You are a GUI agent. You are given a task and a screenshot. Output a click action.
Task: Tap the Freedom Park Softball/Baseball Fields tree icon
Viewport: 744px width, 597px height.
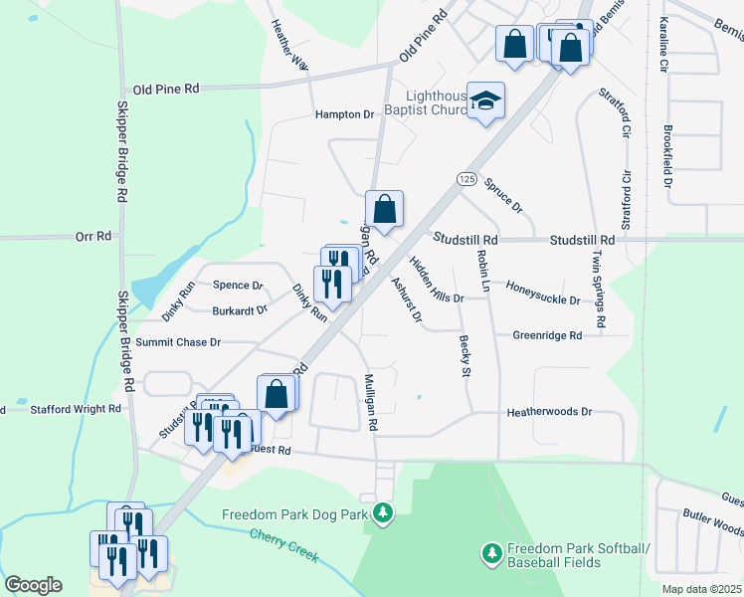(x=489, y=551)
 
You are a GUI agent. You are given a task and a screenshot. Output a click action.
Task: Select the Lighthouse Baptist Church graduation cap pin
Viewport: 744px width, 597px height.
(x=486, y=101)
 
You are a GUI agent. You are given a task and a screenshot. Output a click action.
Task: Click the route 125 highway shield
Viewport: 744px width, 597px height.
(x=465, y=177)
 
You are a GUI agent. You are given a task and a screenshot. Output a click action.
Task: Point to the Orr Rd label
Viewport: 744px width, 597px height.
(x=92, y=238)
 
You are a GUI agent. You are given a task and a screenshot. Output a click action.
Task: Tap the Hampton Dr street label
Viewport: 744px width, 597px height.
(x=344, y=114)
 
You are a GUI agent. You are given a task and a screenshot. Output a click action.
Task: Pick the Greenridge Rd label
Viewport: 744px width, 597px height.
(x=546, y=336)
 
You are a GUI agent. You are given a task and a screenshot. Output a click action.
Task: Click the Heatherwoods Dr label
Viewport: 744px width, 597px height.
(x=549, y=411)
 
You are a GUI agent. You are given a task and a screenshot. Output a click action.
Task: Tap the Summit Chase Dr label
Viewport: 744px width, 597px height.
(x=177, y=341)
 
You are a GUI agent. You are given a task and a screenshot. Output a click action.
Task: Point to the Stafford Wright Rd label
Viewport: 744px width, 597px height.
(x=76, y=408)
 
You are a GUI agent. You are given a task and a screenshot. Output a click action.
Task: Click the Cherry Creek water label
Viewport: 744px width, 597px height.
(x=284, y=544)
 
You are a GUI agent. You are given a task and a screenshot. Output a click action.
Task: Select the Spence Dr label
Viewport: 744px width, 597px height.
(x=238, y=285)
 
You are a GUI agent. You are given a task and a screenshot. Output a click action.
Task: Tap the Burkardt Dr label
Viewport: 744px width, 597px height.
(x=240, y=309)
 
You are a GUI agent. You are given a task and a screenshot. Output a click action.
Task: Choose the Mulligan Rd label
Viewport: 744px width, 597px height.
(x=370, y=402)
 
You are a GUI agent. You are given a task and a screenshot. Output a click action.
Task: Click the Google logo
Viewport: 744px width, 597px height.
(x=33, y=585)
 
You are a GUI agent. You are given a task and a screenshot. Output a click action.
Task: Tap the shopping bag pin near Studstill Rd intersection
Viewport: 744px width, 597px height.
(x=384, y=210)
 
